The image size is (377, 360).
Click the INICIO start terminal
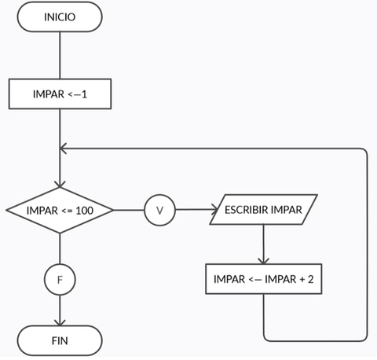click(x=60, y=17)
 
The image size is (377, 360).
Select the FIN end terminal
click(x=60, y=341)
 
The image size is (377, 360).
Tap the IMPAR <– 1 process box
click(x=60, y=94)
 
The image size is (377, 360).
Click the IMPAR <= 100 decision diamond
click(x=60, y=210)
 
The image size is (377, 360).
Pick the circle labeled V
click(x=160, y=210)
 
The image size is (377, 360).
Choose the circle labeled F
click(x=60, y=278)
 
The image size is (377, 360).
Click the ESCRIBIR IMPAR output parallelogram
click(x=263, y=210)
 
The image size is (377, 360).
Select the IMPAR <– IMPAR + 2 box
click(x=263, y=278)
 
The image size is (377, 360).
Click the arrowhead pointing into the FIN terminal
click(x=60, y=322)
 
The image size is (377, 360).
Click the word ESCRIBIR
click(x=246, y=210)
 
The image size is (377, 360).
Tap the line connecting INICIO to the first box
click(x=60, y=55)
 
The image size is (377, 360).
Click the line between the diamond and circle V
click(x=129, y=210)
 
